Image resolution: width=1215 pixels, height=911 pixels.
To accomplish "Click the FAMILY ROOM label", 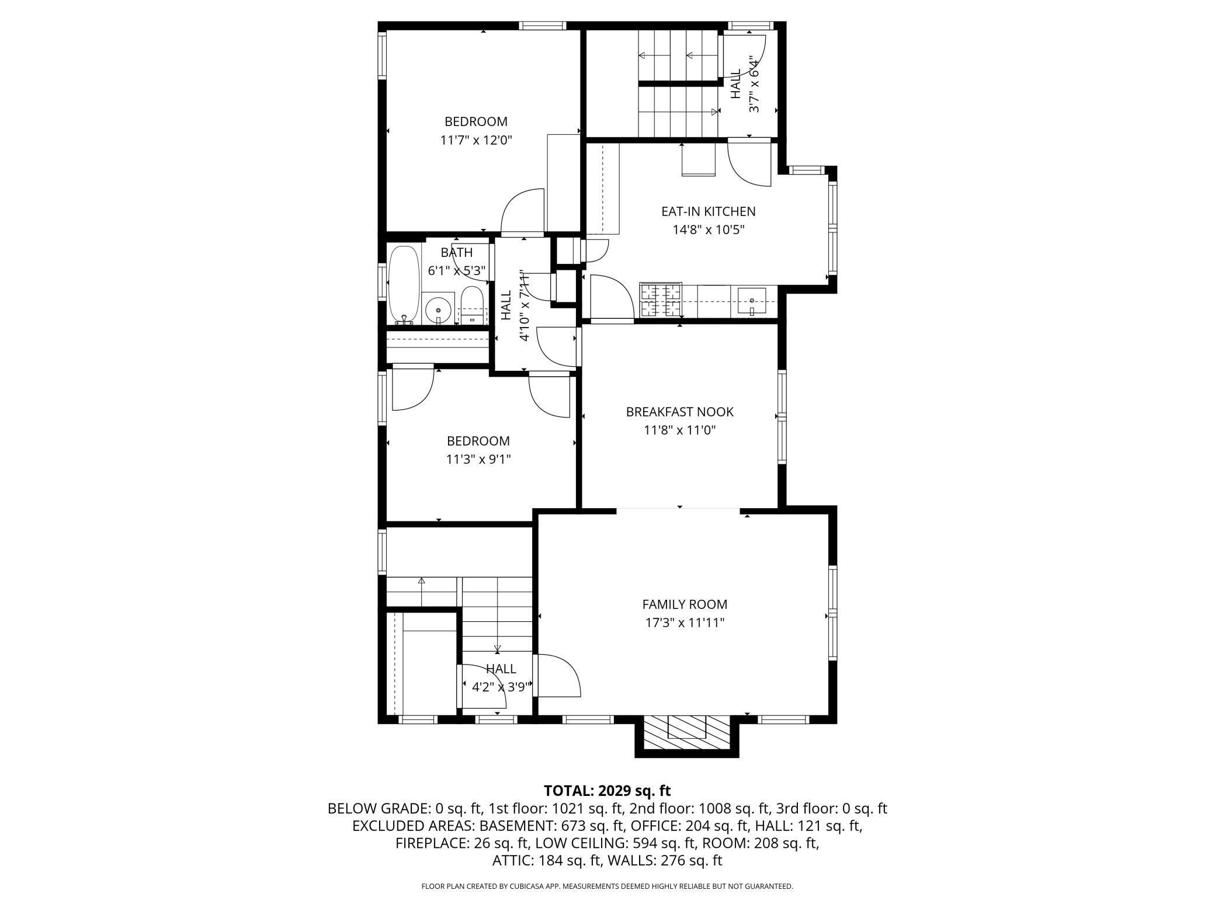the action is pyautogui.click(x=685, y=604).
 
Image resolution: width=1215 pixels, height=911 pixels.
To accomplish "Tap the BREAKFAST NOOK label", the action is pyautogui.click(x=679, y=412).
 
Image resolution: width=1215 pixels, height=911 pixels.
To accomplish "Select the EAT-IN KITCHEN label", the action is pyautogui.click(x=708, y=211).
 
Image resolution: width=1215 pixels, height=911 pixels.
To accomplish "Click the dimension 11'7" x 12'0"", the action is pyautogui.click(x=476, y=140).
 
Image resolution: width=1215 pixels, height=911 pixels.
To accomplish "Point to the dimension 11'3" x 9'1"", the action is pyautogui.click(x=478, y=460).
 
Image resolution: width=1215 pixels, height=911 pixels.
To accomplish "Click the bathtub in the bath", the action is pyautogui.click(x=404, y=285).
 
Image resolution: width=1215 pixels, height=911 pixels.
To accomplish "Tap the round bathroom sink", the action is pyautogui.click(x=438, y=310).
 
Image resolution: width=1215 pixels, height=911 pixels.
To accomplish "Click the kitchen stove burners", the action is pyautogui.click(x=661, y=299).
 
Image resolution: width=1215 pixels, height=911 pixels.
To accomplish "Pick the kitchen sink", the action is pyautogui.click(x=752, y=301).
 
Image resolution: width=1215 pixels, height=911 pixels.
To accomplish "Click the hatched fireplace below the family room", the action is pyautogui.click(x=687, y=733).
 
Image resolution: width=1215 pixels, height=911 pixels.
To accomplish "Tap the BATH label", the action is pyautogui.click(x=457, y=252).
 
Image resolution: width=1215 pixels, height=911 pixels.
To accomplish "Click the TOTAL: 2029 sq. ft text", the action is pyautogui.click(x=607, y=791).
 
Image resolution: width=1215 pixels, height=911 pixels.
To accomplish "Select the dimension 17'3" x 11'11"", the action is pyautogui.click(x=685, y=623).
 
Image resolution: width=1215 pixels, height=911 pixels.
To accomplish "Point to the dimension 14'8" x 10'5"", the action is pyautogui.click(x=709, y=230).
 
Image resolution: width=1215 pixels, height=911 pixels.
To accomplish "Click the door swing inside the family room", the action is pyautogui.click(x=559, y=676).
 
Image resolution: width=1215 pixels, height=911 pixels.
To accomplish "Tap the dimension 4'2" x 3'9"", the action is pyautogui.click(x=501, y=687).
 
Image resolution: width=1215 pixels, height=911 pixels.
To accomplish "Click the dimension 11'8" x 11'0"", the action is pyautogui.click(x=680, y=430).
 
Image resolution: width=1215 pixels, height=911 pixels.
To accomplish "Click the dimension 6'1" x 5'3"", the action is pyautogui.click(x=457, y=271).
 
